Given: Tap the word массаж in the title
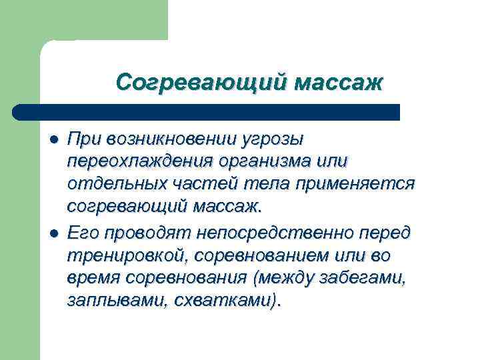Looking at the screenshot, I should (339, 83).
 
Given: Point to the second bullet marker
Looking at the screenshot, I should (55, 233).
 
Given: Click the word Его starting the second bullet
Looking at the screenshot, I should (81, 233).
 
